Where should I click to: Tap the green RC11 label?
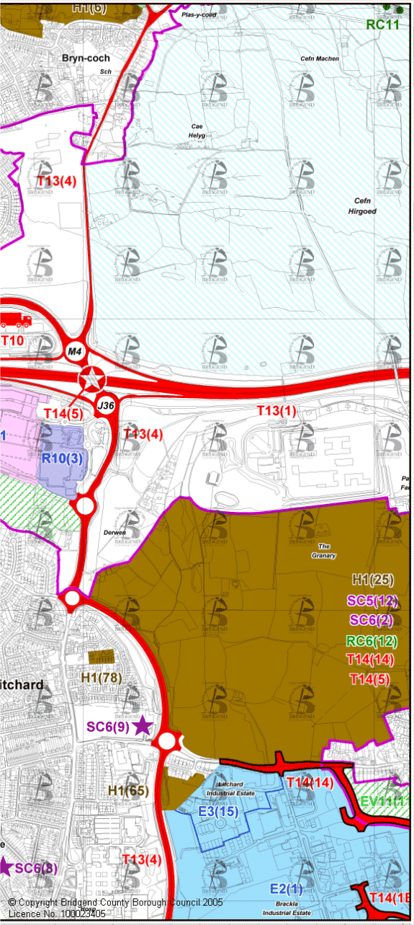point(382,25)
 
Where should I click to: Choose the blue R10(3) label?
point(62,458)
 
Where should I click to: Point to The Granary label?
point(319,551)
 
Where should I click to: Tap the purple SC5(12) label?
point(372,600)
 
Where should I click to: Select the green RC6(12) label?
point(372,640)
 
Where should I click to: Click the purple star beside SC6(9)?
point(143,726)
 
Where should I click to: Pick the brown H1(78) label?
point(102,678)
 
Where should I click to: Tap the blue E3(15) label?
point(217,811)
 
